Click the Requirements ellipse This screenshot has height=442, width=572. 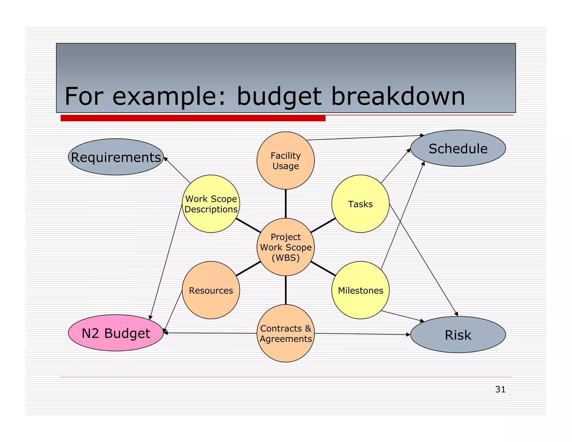click(x=116, y=157)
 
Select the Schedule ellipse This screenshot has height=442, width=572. click(x=458, y=148)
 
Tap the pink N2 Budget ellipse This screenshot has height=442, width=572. click(x=116, y=333)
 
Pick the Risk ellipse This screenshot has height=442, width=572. click(x=458, y=335)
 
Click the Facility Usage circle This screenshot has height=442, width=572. click(x=285, y=161)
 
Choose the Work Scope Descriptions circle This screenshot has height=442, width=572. click(x=211, y=204)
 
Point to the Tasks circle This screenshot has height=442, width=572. click(x=360, y=204)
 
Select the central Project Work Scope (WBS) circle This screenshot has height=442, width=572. click(x=285, y=247)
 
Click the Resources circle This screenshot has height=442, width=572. click(x=211, y=290)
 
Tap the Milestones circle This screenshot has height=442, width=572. click(x=360, y=290)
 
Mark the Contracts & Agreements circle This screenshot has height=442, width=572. click(x=285, y=333)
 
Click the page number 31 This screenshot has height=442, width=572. click(x=500, y=389)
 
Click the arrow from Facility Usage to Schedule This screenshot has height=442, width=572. click(x=363, y=138)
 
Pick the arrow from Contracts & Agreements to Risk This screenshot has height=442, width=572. click(x=363, y=334)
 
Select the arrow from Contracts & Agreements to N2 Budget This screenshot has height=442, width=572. click(x=209, y=333)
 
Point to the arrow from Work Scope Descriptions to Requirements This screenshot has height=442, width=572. click(x=177, y=170)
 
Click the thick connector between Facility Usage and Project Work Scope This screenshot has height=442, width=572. click(x=285, y=204)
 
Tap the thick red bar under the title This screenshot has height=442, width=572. click(x=193, y=118)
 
